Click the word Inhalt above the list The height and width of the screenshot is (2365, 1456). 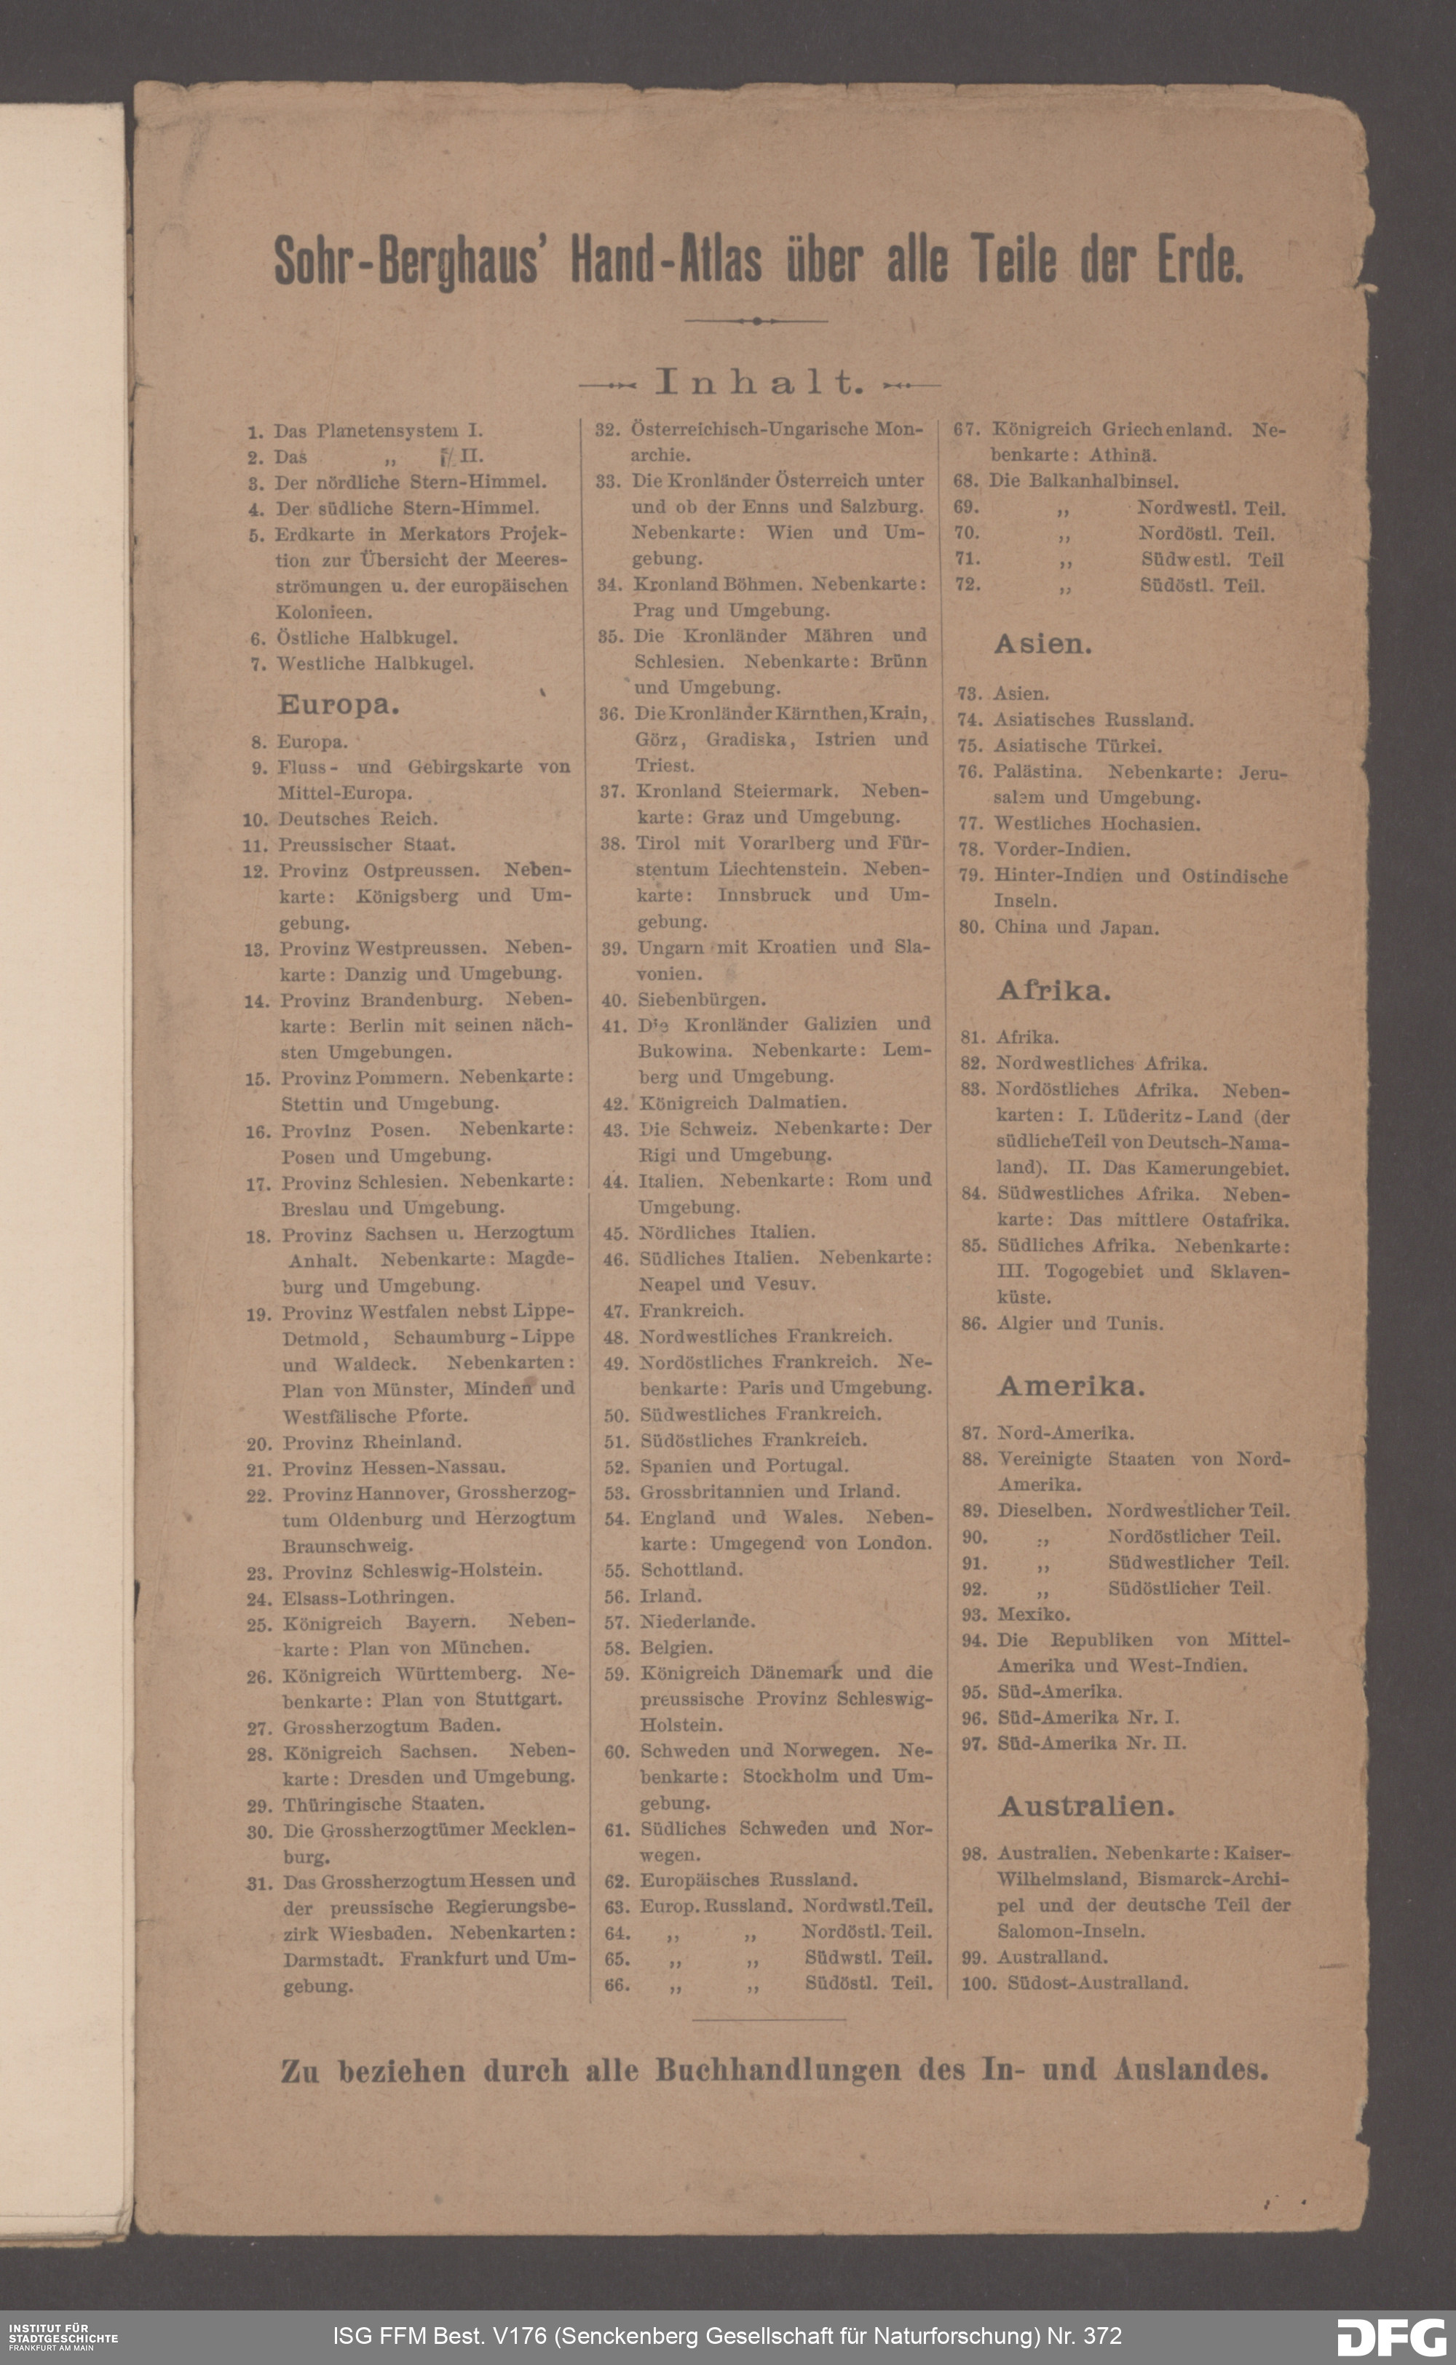757,383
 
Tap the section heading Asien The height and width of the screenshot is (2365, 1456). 1043,645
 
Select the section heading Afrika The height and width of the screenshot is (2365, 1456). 1053,990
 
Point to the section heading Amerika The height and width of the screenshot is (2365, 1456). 1071,1386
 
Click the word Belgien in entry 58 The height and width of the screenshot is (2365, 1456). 676,1647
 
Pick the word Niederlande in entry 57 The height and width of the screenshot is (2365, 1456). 697,1621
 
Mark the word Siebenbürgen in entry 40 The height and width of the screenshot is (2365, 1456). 702,1000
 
